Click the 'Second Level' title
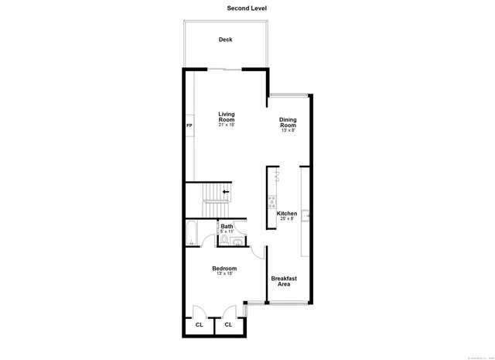(x=247, y=9)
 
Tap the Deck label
(x=225, y=39)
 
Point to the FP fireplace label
(x=189, y=125)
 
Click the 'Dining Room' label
(x=288, y=122)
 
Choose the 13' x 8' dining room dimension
(x=288, y=131)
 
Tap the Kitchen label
(x=288, y=214)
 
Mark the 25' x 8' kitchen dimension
(x=288, y=219)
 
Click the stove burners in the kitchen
(x=271, y=203)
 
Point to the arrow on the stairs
(x=226, y=191)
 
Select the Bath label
(x=226, y=226)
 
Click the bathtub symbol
(x=190, y=233)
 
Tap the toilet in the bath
(x=224, y=241)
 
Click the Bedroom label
(x=225, y=268)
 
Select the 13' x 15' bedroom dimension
(x=225, y=273)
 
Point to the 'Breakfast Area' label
(x=284, y=281)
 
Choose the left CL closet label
(x=199, y=325)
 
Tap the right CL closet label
(x=228, y=325)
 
